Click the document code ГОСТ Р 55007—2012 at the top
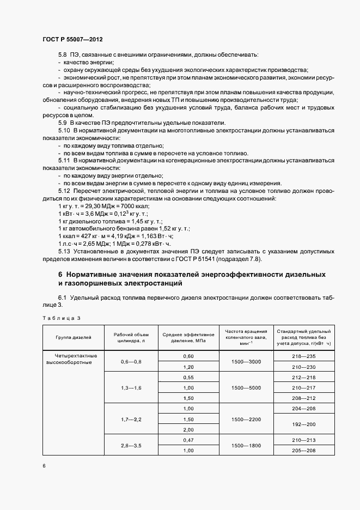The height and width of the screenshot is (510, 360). [72, 40]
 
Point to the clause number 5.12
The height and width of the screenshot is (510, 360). [64, 190]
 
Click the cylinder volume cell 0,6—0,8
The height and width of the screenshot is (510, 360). [131, 362]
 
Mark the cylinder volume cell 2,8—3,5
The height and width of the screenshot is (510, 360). [131, 446]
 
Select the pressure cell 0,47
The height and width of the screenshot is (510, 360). [188, 440]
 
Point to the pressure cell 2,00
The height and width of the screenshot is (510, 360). [188, 429]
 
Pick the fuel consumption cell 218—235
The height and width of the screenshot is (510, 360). [303, 356]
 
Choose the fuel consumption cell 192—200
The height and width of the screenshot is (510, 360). [303, 424]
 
